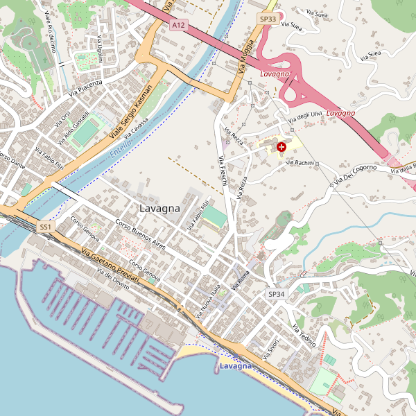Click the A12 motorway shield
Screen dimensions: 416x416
[179, 25]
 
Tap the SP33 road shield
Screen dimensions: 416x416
[268, 19]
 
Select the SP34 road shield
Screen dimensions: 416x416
[276, 294]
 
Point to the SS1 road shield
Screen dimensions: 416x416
[46, 227]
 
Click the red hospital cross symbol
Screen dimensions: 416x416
[281, 147]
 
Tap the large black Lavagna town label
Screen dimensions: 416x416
[159, 208]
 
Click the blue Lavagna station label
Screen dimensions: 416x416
[235, 365]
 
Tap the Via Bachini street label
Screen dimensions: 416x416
[300, 162]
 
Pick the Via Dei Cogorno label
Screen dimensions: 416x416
[354, 174]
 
